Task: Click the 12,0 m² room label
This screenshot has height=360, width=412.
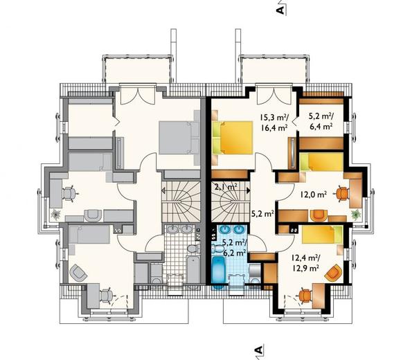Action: [314, 195]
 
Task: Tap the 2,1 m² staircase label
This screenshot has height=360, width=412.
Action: [226, 187]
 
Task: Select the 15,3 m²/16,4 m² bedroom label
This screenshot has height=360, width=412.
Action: [274, 123]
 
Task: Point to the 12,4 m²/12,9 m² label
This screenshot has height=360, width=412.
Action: [305, 263]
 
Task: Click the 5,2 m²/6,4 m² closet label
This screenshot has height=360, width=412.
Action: [321, 121]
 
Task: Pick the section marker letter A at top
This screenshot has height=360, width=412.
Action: [280, 10]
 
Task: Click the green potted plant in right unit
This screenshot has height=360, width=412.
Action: [356, 215]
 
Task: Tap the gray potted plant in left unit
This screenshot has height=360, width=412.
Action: [55, 215]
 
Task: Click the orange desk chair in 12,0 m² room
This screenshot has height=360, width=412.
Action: [341, 194]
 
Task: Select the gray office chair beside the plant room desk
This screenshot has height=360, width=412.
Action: [70, 194]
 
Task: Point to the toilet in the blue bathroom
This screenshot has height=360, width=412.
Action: [217, 249]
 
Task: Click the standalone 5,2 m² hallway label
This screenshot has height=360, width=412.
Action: [262, 214]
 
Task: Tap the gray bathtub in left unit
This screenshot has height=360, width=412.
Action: [193, 269]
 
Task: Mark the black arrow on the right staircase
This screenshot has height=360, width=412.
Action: [249, 190]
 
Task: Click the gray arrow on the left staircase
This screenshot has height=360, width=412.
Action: [163, 190]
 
